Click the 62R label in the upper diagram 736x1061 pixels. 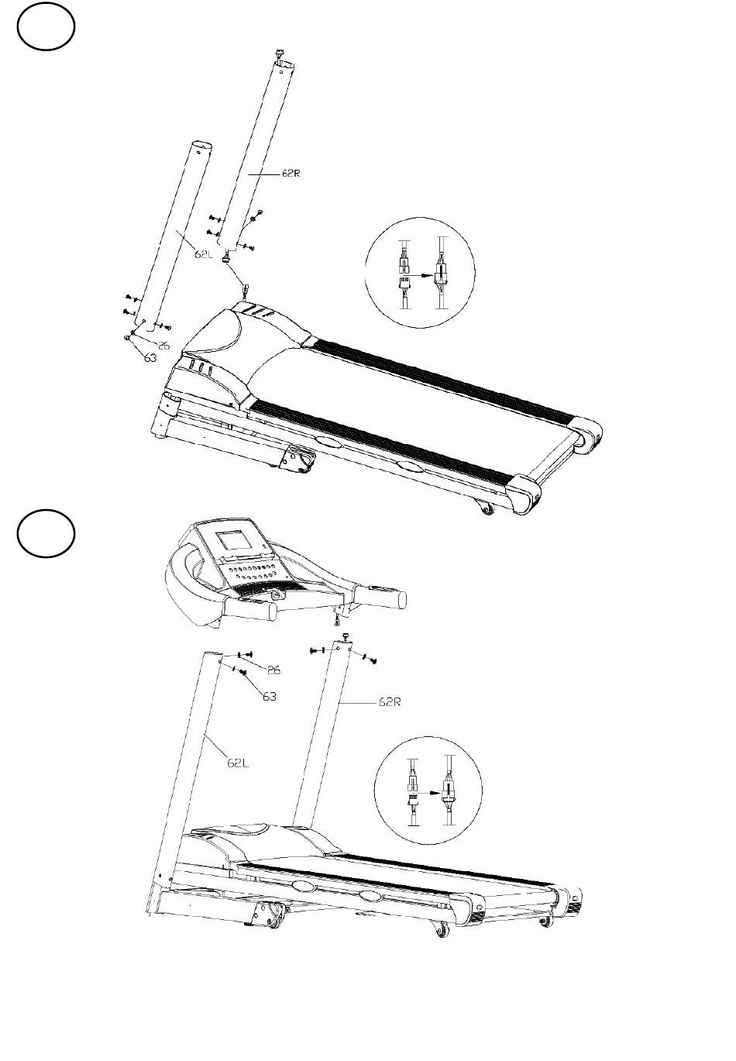291,174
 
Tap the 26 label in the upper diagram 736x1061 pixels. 163,346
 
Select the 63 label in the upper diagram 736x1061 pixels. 150,359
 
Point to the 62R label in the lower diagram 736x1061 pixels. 389,703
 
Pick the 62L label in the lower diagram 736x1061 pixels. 238,763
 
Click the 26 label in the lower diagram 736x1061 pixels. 273,670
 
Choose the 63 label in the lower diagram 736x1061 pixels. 269,697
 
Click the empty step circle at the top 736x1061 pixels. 46,28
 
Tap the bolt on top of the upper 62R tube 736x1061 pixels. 278,53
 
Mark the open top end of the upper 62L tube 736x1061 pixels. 200,146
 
